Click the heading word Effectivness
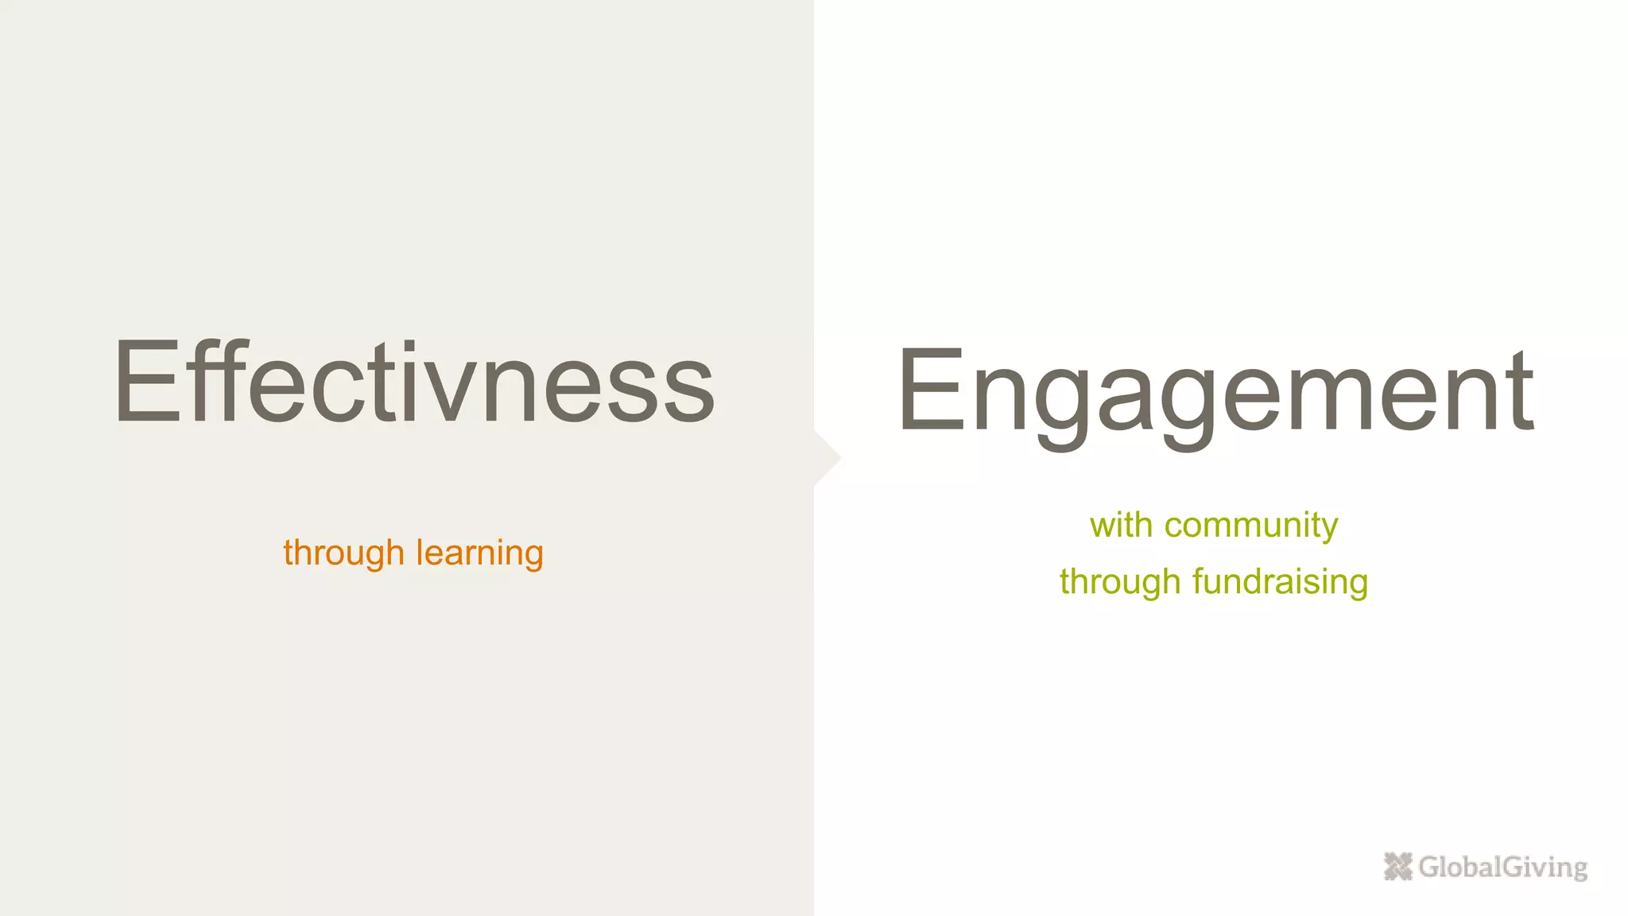pyautogui.click(x=414, y=382)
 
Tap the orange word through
pyautogui.click(x=343, y=553)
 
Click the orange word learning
pyautogui.click(x=479, y=553)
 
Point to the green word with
pyautogui.click(x=1121, y=525)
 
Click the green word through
pyautogui.click(x=1119, y=582)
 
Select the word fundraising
pyautogui.click(x=1280, y=582)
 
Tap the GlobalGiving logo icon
pyautogui.click(x=1397, y=866)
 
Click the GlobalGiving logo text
pyautogui.click(x=1502, y=867)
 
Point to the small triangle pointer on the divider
pyautogui.click(x=828, y=458)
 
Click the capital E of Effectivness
pyautogui.click(x=148, y=382)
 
